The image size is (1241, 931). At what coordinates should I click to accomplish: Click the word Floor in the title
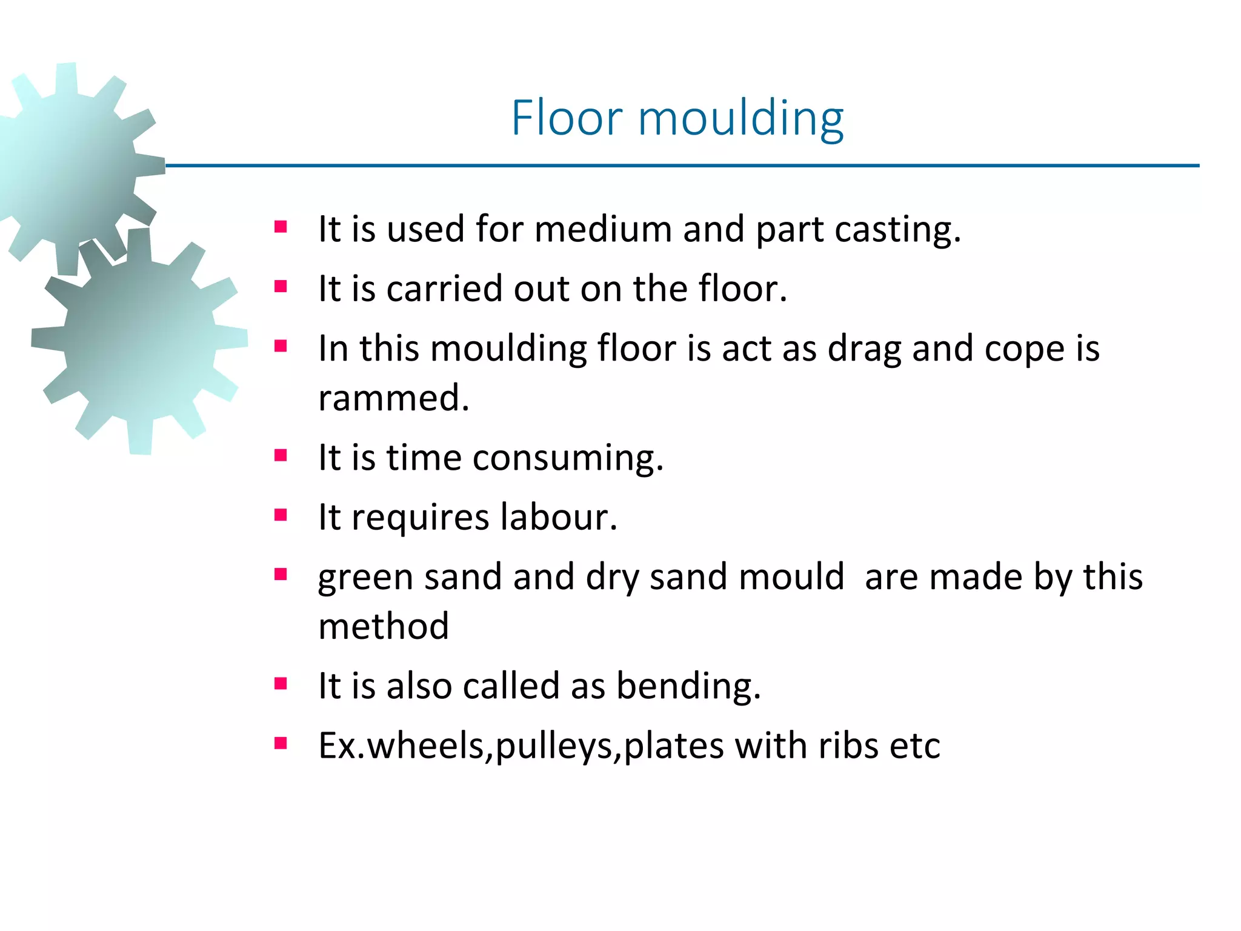point(567,118)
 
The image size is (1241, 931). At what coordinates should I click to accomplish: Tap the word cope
point(1025,350)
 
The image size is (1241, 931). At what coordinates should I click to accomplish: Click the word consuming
point(568,458)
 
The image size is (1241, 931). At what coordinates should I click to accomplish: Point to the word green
point(365,578)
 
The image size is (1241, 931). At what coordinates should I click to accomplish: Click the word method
point(384,626)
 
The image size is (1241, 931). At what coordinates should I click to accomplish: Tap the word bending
point(688,687)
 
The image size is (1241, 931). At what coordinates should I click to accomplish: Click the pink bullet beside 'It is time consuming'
point(280,455)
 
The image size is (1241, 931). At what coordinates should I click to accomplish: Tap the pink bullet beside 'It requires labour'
point(280,515)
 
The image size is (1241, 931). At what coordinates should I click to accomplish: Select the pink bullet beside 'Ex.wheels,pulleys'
point(280,743)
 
